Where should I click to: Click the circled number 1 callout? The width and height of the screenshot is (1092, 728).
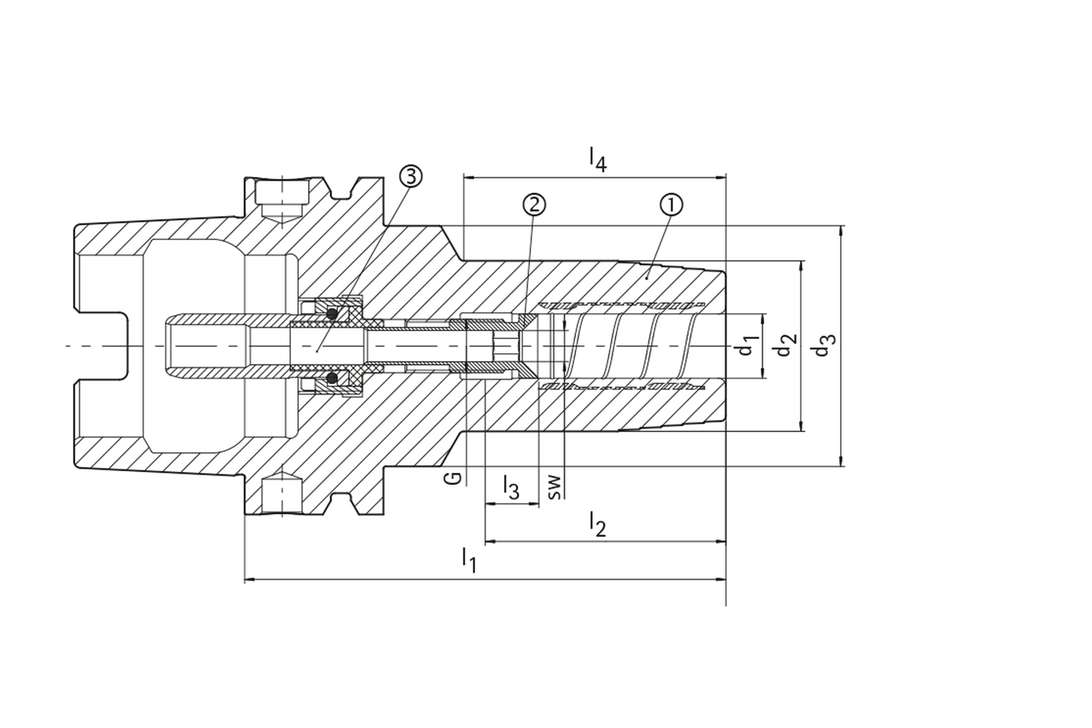(x=671, y=205)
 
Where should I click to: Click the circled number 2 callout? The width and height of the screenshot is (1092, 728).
(x=535, y=205)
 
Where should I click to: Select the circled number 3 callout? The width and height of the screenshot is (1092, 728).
(x=409, y=177)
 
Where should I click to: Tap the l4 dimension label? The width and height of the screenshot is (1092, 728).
(x=598, y=160)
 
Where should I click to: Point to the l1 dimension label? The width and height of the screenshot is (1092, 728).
(x=468, y=560)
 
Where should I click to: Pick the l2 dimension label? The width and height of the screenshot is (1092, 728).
(x=598, y=523)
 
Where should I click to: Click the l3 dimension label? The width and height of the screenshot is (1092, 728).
(x=510, y=487)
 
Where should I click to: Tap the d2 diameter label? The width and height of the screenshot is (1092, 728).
(x=787, y=346)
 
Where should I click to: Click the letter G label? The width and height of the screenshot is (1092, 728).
(x=456, y=476)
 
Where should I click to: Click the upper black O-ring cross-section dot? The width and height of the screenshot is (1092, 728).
(x=332, y=315)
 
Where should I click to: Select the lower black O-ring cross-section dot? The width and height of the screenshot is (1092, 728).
(x=332, y=377)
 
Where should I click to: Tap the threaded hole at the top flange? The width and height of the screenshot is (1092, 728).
(x=282, y=200)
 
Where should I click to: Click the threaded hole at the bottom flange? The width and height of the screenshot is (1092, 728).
(x=282, y=493)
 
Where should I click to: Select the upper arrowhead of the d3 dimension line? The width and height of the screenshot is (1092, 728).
(x=842, y=231)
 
